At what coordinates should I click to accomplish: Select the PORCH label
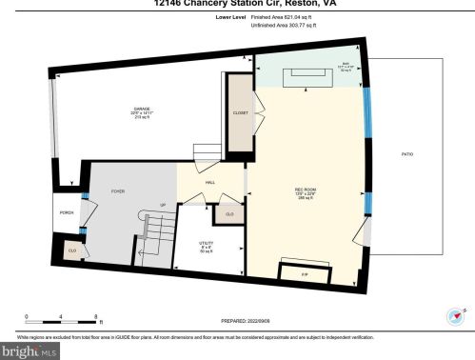67,211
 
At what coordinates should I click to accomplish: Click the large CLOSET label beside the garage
240,114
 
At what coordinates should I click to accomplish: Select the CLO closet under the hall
229,214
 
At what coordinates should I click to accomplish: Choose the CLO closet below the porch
71,250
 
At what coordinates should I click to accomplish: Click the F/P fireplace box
306,273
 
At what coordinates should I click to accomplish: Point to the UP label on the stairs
163,205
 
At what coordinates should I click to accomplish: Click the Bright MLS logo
32,351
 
